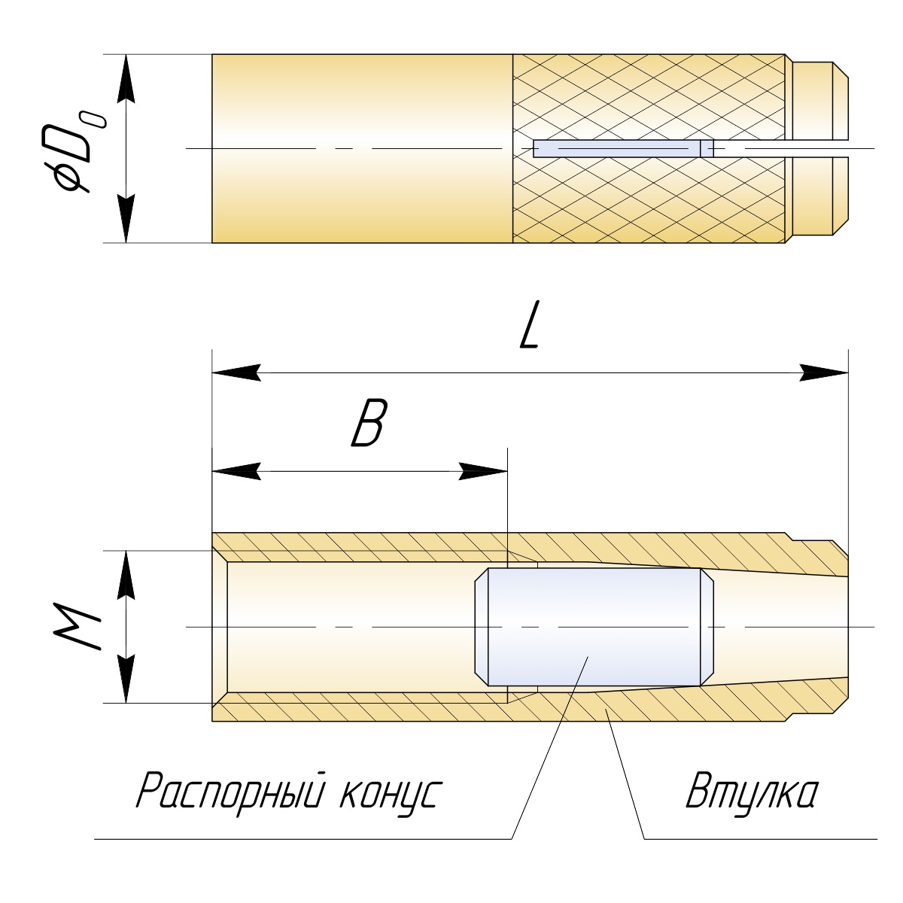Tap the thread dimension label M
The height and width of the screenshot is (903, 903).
(x=77, y=627)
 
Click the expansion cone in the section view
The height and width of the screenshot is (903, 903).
(x=594, y=627)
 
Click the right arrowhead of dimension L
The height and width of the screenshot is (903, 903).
(x=825, y=372)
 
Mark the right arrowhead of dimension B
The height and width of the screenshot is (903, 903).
(x=485, y=472)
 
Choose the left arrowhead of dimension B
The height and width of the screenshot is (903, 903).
(x=235, y=472)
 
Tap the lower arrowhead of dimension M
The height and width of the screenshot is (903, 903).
(x=127, y=680)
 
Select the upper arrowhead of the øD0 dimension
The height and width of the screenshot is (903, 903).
(x=127, y=78)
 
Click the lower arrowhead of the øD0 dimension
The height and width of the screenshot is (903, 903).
(x=127, y=219)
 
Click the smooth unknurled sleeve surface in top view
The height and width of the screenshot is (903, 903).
(x=361, y=98)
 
